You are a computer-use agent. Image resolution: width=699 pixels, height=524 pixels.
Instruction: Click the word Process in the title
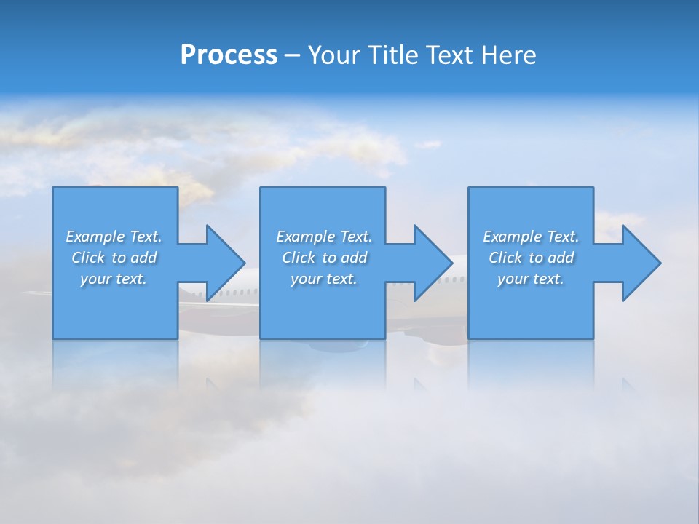click(229, 55)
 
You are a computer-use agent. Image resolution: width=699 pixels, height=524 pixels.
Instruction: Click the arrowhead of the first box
click(225, 263)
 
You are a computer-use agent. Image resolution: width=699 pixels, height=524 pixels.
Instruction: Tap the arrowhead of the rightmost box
click(641, 263)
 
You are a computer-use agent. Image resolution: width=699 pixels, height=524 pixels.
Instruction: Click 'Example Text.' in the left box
click(114, 237)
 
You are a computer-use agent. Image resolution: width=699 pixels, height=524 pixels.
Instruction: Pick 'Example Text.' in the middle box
click(324, 237)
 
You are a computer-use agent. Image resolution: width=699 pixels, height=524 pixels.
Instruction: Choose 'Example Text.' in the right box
click(531, 237)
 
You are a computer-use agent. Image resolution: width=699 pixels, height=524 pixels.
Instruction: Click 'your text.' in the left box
click(114, 279)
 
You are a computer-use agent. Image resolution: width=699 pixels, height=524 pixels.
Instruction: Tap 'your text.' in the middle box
click(324, 279)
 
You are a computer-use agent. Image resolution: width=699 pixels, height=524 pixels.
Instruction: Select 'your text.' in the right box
click(531, 279)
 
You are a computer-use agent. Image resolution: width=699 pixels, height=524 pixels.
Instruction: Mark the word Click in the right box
click(505, 258)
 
